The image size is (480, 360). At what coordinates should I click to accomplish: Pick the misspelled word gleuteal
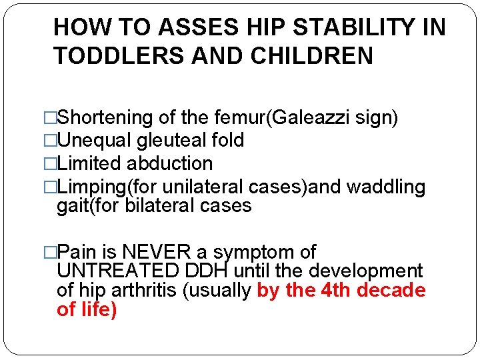point(167,141)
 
